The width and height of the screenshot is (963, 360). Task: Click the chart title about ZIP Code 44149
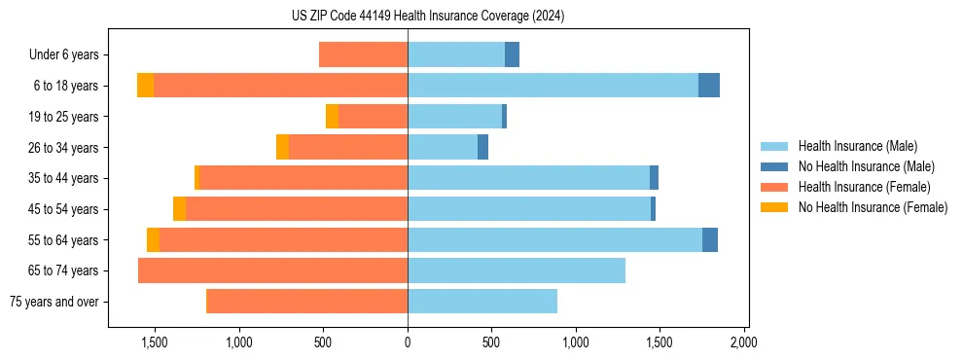click(x=427, y=17)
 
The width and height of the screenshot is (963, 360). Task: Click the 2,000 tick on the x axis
click(x=743, y=342)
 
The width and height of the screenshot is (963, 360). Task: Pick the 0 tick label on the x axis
click(x=408, y=342)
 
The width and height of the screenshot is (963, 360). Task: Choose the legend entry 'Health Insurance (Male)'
click(x=857, y=147)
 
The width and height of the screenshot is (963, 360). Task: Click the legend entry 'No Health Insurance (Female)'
click(x=873, y=207)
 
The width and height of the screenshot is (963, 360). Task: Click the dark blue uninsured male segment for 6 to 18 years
click(x=709, y=86)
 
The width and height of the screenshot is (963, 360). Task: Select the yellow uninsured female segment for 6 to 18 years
click(x=145, y=86)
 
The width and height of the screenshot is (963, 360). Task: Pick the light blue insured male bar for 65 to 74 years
click(x=517, y=270)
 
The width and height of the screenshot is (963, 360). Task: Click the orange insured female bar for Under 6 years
click(x=363, y=55)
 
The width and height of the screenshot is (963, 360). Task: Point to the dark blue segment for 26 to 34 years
click(x=482, y=148)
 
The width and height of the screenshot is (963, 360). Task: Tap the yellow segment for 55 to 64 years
click(x=153, y=240)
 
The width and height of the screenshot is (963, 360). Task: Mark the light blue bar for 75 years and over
click(x=482, y=302)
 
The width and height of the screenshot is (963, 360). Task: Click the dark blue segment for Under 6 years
click(x=512, y=55)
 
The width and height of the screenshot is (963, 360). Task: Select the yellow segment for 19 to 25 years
click(x=332, y=117)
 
